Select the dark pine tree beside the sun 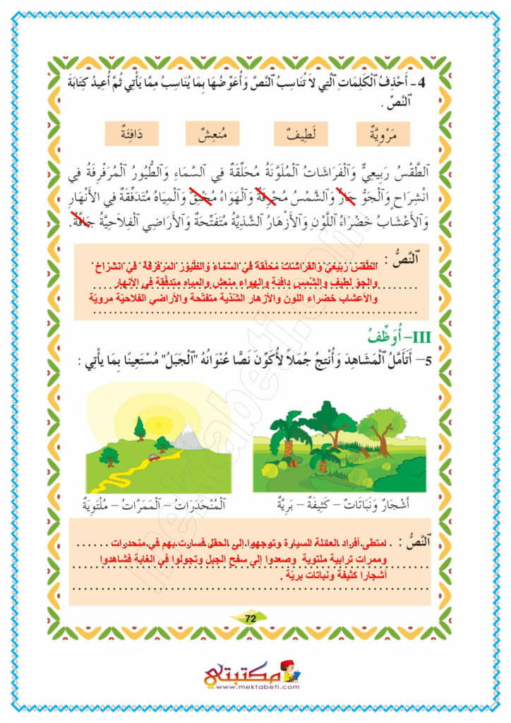tap(140, 427)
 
